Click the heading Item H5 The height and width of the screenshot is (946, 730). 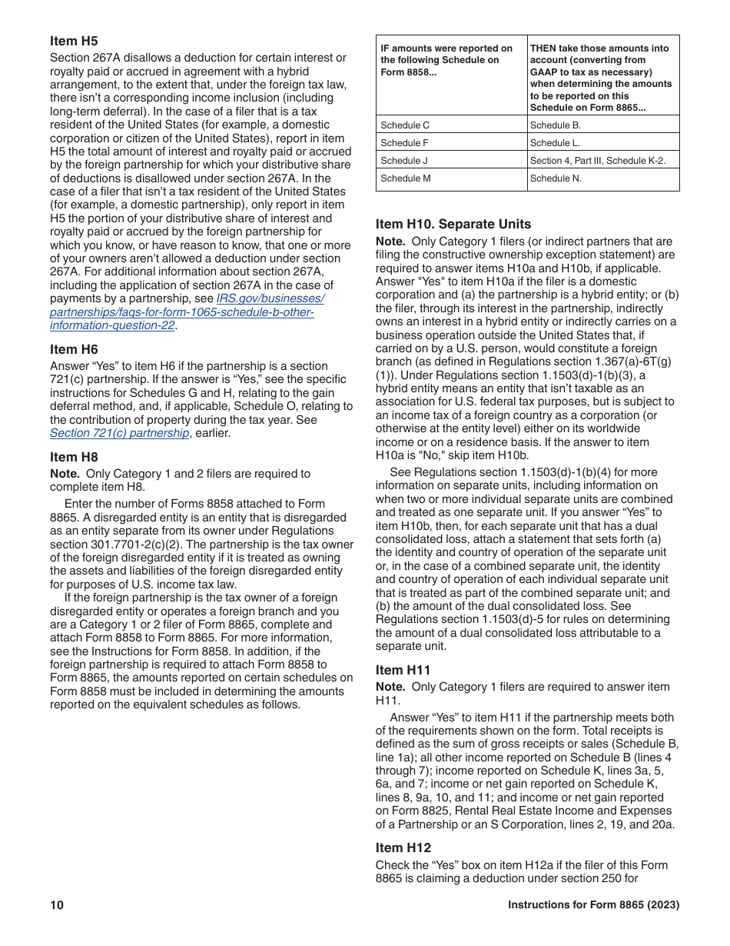tap(74, 42)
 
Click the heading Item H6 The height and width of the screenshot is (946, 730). tap(74, 349)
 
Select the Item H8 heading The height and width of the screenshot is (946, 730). tap(74, 457)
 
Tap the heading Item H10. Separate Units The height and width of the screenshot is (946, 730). tap(453, 224)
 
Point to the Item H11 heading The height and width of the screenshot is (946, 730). tap(403, 670)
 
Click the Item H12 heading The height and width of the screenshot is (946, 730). tap(403, 848)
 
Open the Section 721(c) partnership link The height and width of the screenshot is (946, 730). tap(119, 433)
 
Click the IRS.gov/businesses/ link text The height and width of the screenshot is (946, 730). tap(271, 298)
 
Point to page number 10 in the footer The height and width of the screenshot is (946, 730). tap(57, 905)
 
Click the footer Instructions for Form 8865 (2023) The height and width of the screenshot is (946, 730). tap(593, 905)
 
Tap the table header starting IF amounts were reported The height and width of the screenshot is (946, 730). tap(450, 60)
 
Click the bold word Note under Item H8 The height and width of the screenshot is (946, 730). tap(64, 474)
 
